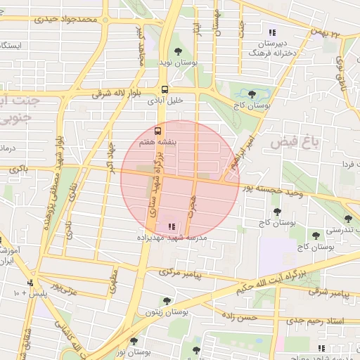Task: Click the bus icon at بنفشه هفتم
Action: [x=158, y=131]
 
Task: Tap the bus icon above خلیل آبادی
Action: [x=165, y=89]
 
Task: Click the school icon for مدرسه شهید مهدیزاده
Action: [x=172, y=226]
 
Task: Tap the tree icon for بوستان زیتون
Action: [x=167, y=300]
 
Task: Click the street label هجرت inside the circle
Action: [x=192, y=206]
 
